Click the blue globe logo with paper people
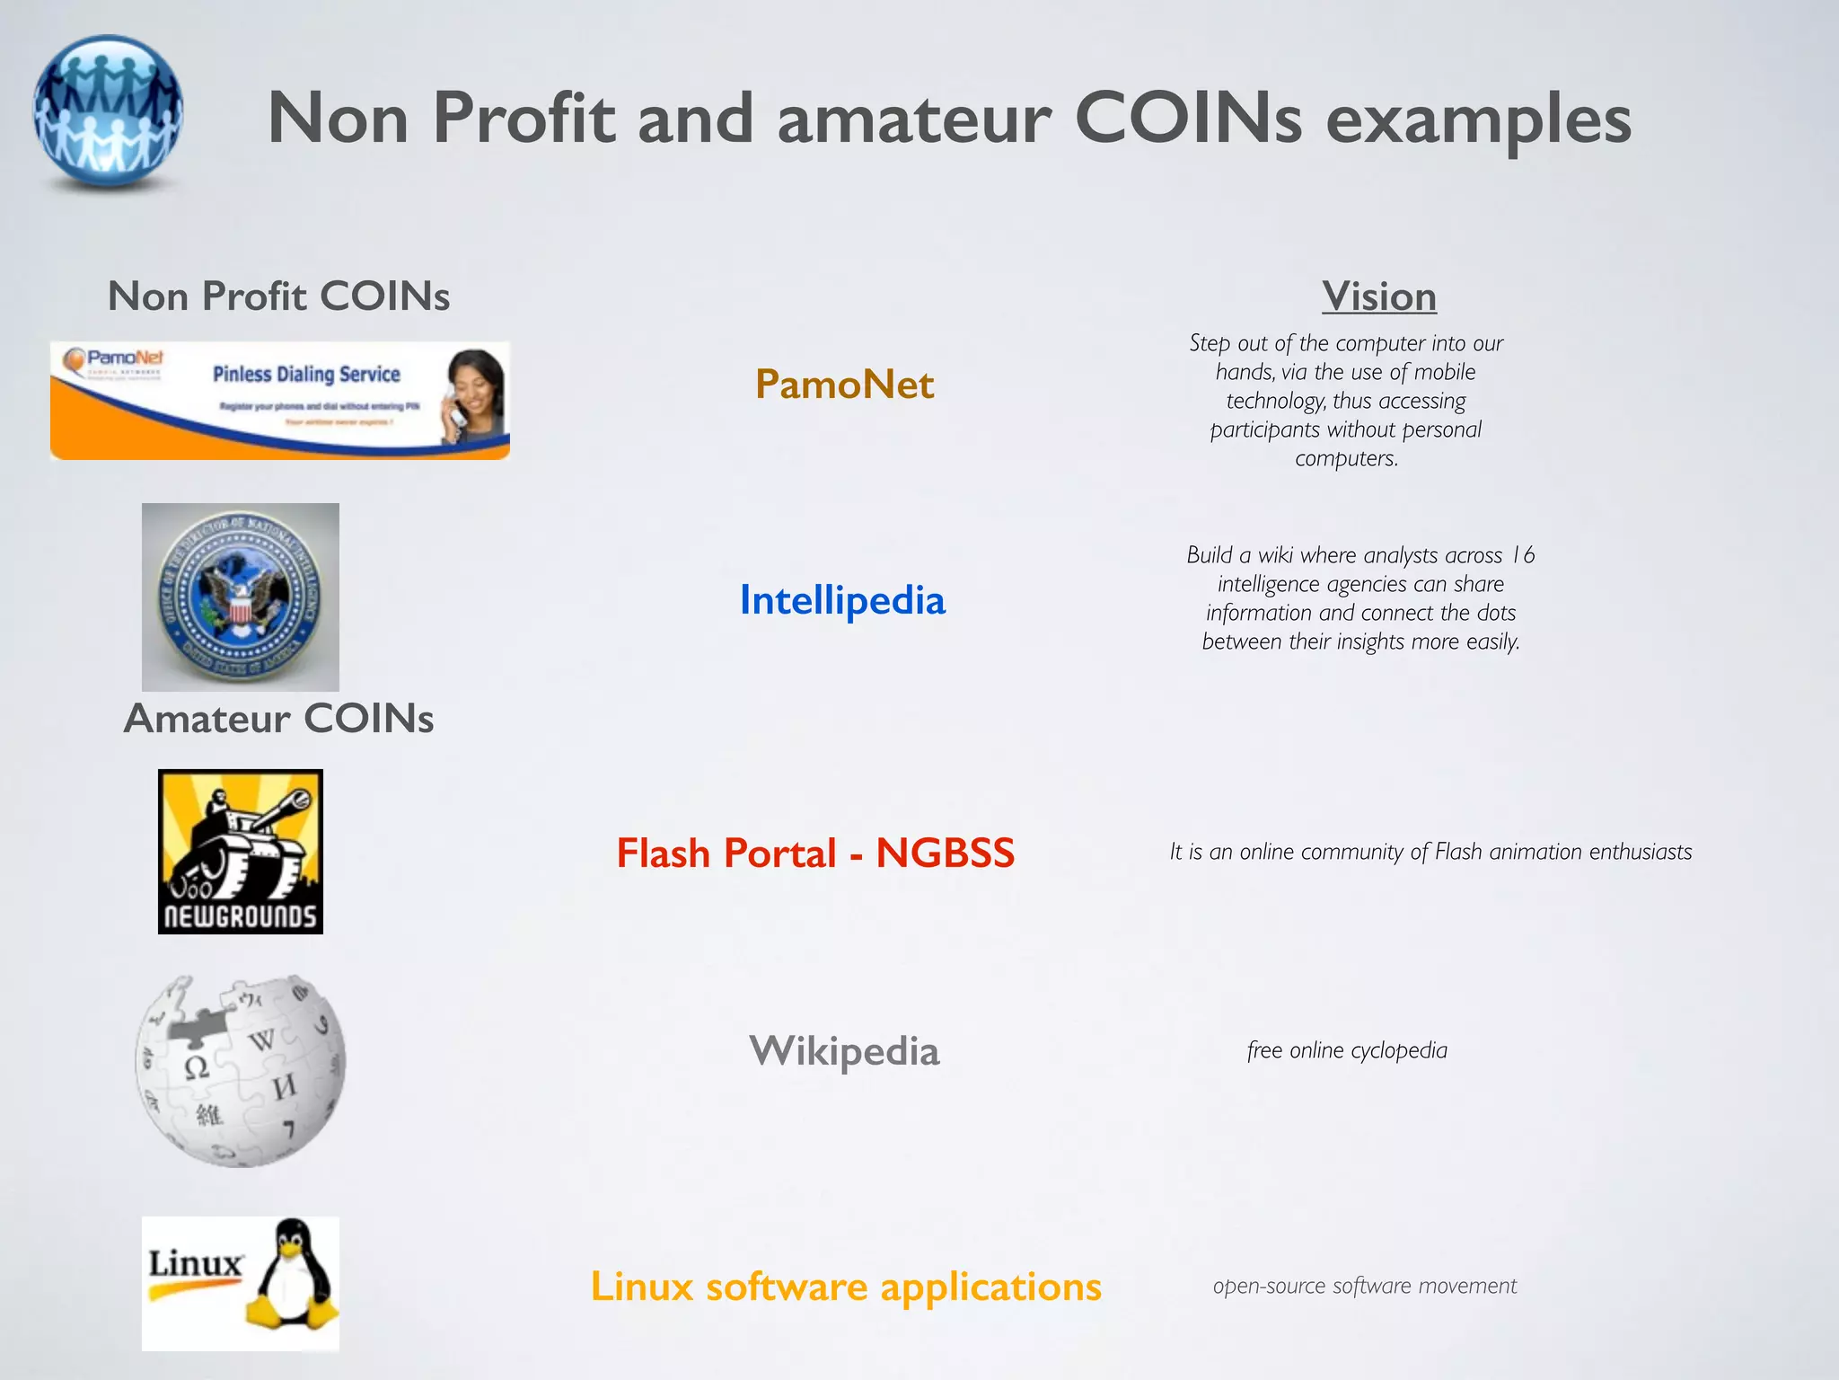(x=109, y=112)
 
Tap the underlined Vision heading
(x=1378, y=296)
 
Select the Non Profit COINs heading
(x=278, y=296)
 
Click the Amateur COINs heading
(x=278, y=719)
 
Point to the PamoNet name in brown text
(x=844, y=385)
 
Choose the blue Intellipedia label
(x=842, y=600)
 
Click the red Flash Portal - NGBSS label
(x=815, y=853)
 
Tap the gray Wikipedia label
(x=844, y=1051)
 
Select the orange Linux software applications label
(x=846, y=1287)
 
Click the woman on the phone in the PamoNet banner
(x=473, y=395)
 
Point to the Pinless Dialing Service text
(x=306, y=374)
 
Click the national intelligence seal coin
(x=240, y=597)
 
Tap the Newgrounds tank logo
(x=240, y=851)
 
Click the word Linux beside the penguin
(x=195, y=1263)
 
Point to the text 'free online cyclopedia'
(x=1347, y=1050)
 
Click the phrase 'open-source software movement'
(x=1364, y=1286)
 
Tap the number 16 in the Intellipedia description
(x=1522, y=555)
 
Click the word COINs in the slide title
(x=1188, y=118)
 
